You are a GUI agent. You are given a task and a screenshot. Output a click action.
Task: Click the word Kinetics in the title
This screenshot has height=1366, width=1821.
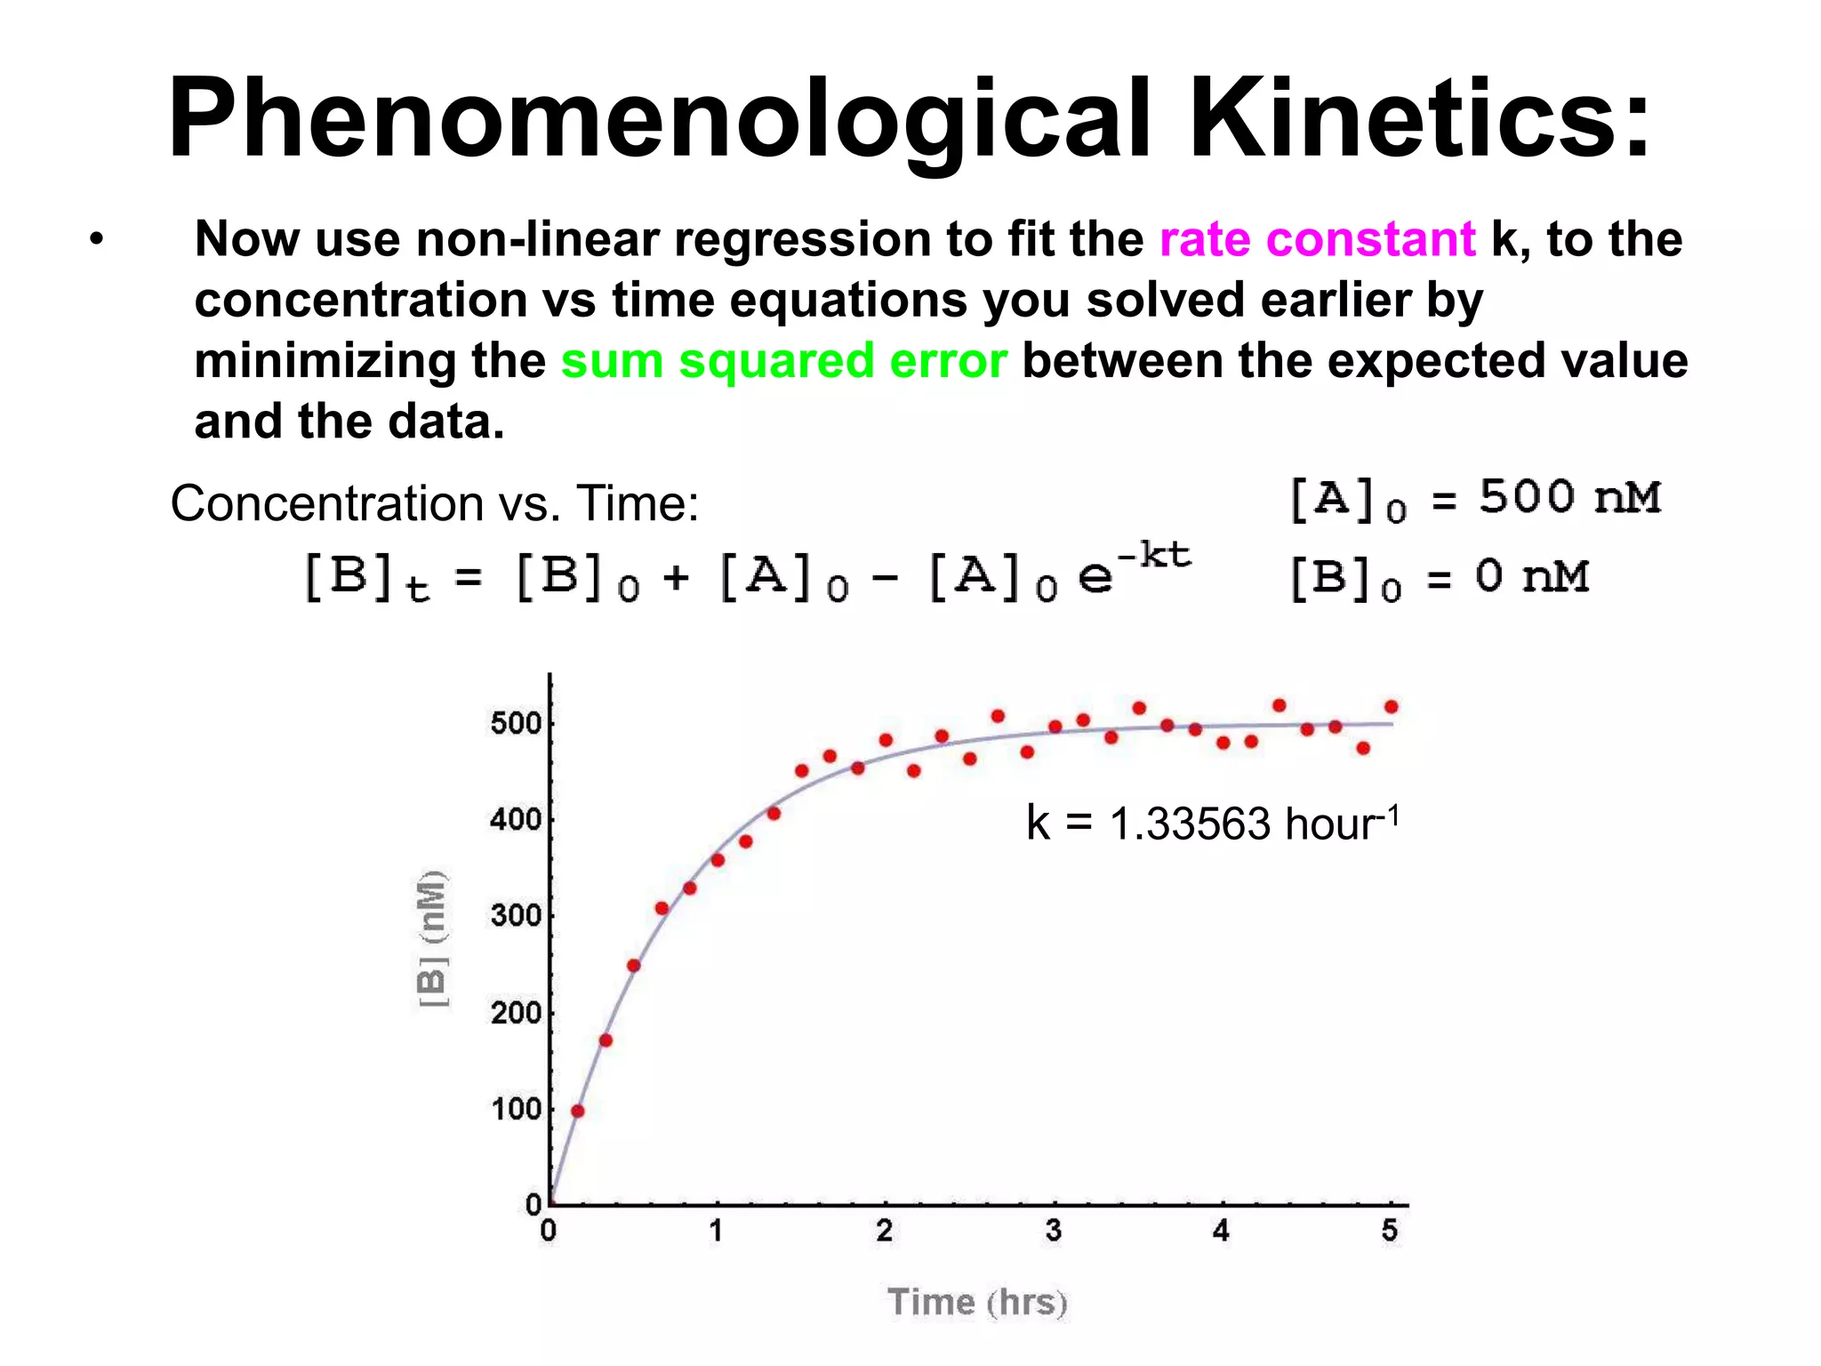tap(1419, 118)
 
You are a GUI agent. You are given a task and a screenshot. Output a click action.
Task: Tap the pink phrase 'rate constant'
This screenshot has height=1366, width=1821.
tap(1317, 239)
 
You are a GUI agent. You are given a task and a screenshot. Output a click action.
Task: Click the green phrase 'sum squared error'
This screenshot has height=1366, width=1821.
tap(783, 361)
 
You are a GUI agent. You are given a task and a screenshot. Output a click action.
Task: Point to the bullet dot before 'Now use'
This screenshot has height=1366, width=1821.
tap(96, 239)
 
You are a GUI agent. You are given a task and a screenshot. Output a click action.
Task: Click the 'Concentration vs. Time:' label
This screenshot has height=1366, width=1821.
tap(435, 503)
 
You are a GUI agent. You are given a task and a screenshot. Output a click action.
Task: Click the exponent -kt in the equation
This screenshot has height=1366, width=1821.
tap(1153, 556)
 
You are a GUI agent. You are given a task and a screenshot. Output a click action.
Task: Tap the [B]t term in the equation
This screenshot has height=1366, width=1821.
tap(366, 578)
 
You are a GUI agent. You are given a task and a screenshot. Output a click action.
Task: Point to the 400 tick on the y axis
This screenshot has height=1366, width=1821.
tap(517, 819)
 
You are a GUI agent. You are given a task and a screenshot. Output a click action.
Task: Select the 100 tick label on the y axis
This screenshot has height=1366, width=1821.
tap(517, 1109)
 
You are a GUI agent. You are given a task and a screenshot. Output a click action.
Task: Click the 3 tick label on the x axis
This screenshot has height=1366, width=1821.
tap(1054, 1231)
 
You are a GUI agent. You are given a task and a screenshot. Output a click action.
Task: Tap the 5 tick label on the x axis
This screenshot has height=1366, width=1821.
tap(1390, 1231)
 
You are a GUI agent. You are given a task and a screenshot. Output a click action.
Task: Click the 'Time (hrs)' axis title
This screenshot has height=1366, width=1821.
tap(977, 1302)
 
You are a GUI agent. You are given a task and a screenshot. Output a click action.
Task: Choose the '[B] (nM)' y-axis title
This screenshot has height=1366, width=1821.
tap(432, 939)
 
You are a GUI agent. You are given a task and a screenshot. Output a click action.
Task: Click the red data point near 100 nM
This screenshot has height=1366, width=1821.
tap(578, 1111)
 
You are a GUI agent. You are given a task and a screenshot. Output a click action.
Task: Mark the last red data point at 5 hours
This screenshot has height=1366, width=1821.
tap(1392, 707)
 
